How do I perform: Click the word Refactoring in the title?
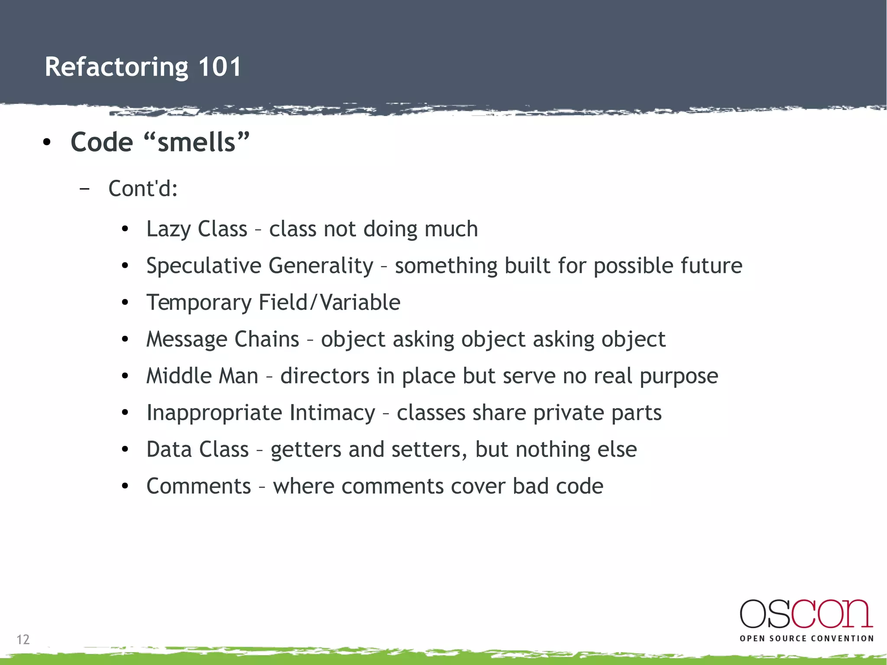(x=116, y=68)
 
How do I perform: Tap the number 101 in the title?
(x=220, y=67)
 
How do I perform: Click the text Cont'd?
(x=143, y=188)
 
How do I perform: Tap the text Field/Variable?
(x=329, y=302)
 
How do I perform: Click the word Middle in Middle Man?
(x=180, y=376)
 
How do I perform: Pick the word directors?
(x=325, y=376)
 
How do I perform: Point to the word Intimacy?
(x=332, y=412)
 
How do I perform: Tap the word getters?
(x=306, y=450)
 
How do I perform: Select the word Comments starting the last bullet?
(x=198, y=486)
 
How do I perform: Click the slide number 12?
(x=23, y=639)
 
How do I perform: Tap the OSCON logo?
(x=806, y=614)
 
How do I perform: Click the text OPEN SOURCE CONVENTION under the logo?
(x=806, y=639)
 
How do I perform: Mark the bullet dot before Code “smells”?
(x=47, y=142)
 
